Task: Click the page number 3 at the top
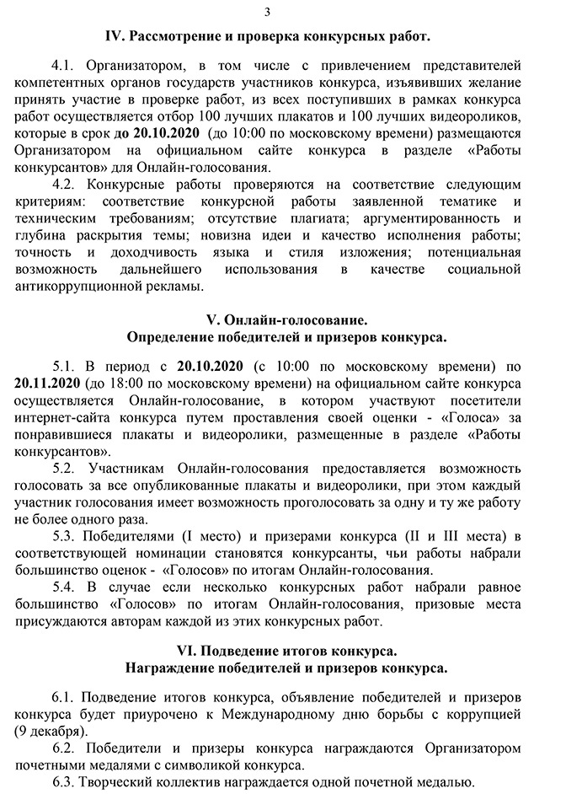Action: click(268, 12)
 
